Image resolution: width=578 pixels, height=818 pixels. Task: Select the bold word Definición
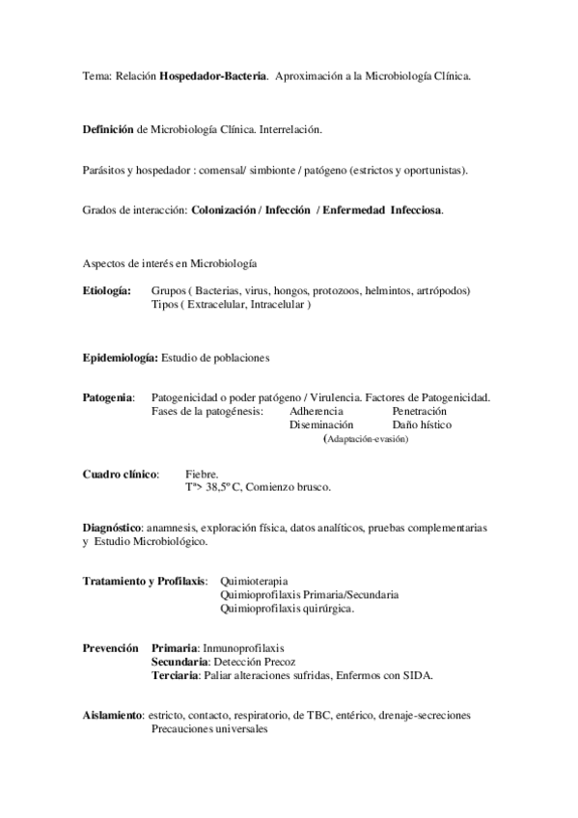click(109, 128)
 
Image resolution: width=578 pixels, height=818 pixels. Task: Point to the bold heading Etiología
click(107, 290)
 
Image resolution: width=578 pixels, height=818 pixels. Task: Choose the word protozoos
click(329, 290)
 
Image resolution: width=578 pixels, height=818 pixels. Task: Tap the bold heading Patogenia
click(108, 397)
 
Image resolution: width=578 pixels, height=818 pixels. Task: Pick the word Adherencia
click(316, 411)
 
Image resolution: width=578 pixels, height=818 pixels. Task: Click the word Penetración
click(420, 411)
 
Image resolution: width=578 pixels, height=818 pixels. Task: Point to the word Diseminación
click(321, 424)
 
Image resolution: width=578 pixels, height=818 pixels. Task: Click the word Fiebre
click(202, 474)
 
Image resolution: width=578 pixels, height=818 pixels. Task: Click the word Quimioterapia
click(253, 582)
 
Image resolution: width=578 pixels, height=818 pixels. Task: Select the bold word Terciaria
click(175, 675)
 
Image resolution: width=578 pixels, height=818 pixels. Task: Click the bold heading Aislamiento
click(112, 716)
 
